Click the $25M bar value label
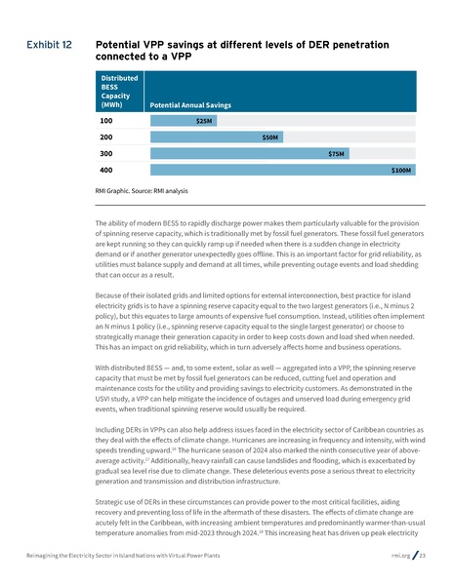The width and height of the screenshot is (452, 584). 203,121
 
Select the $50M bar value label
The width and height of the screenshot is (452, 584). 271,137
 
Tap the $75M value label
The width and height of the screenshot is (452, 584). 338,153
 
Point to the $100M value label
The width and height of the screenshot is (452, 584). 401,170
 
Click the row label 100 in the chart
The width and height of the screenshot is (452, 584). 107,121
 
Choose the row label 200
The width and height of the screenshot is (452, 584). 107,137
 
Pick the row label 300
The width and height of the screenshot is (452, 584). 107,153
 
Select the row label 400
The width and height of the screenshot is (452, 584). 107,170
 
